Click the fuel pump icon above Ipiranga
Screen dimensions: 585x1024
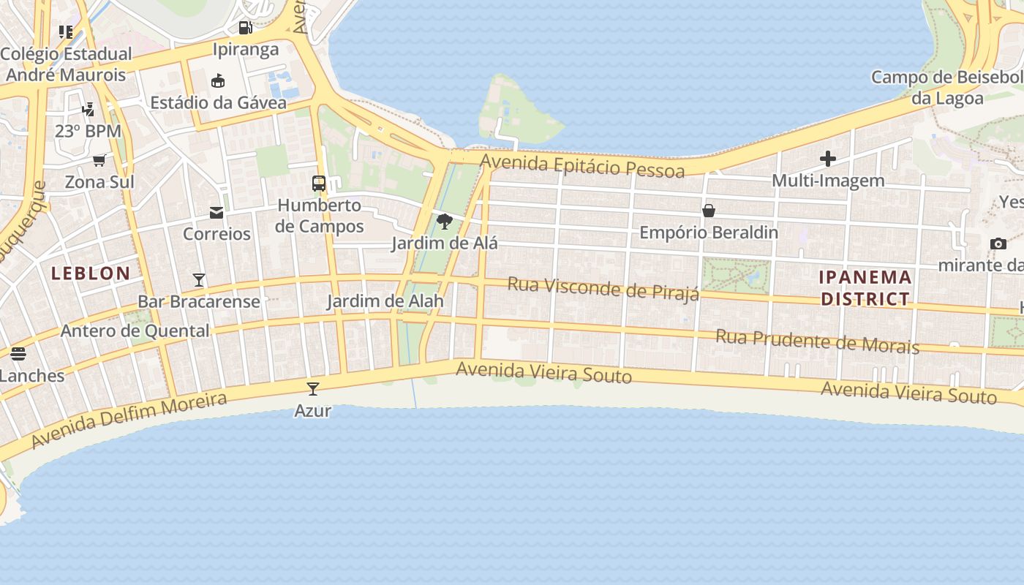pyautogui.click(x=246, y=28)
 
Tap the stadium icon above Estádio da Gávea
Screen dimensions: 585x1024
pyautogui.click(x=218, y=80)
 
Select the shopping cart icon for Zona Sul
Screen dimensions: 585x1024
pyautogui.click(x=99, y=160)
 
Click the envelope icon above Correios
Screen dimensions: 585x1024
pyautogui.click(x=217, y=213)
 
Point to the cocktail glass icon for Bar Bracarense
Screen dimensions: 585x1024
pyautogui.click(x=198, y=279)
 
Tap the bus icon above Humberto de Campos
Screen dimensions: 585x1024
pyautogui.click(x=319, y=184)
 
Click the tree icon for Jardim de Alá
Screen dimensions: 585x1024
pyautogui.click(x=444, y=221)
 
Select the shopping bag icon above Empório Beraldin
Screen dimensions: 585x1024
pyautogui.click(x=708, y=211)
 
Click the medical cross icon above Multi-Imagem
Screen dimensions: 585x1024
pyautogui.click(x=828, y=159)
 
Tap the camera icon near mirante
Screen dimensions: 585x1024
pyautogui.click(x=998, y=244)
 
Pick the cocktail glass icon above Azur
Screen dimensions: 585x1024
pyautogui.click(x=313, y=388)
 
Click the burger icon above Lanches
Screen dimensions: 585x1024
pyautogui.click(x=18, y=354)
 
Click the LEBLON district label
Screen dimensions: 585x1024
pyautogui.click(x=91, y=273)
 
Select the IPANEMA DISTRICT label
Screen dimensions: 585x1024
pyautogui.click(x=865, y=288)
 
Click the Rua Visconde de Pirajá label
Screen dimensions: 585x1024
pyautogui.click(x=603, y=287)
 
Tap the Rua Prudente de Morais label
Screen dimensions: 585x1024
pyautogui.click(x=817, y=341)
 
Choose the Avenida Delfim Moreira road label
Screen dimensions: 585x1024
pyautogui.click(x=129, y=420)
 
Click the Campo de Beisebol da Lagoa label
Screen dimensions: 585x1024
pyautogui.click(x=948, y=88)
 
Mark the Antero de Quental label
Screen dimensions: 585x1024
pyautogui.click(x=135, y=331)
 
